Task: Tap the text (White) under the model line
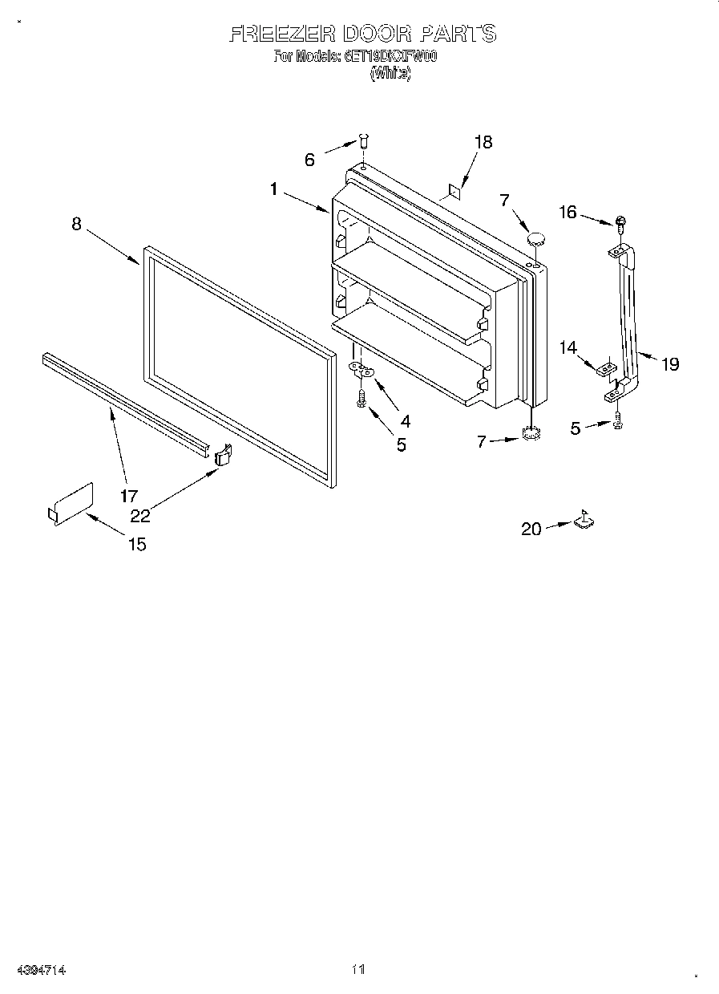pyautogui.click(x=390, y=73)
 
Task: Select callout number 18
pyautogui.click(x=483, y=142)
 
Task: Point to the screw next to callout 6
pyautogui.click(x=362, y=142)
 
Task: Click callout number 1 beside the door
pyautogui.click(x=274, y=189)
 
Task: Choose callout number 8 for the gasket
pyautogui.click(x=76, y=224)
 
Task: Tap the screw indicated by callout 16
pyautogui.click(x=620, y=221)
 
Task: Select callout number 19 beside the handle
pyautogui.click(x=670, y=364)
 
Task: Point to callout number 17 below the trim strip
pyautogui.click(x=129, y=496)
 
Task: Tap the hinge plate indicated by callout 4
pyautogui.click(x=362, y=370)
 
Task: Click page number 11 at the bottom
pyautogui.click(x=358, y=970)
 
